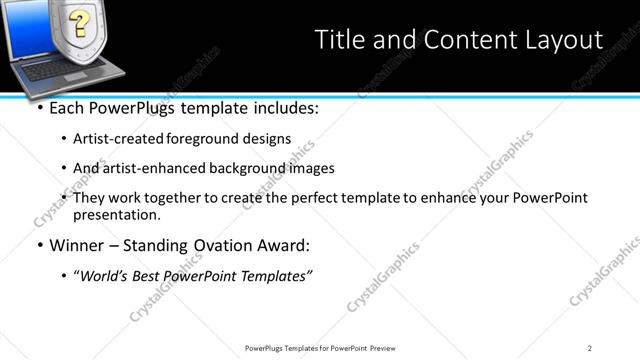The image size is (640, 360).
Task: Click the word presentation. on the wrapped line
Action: [x=116, y=215]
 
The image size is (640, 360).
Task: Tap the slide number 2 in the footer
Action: [x=590, y=347]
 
